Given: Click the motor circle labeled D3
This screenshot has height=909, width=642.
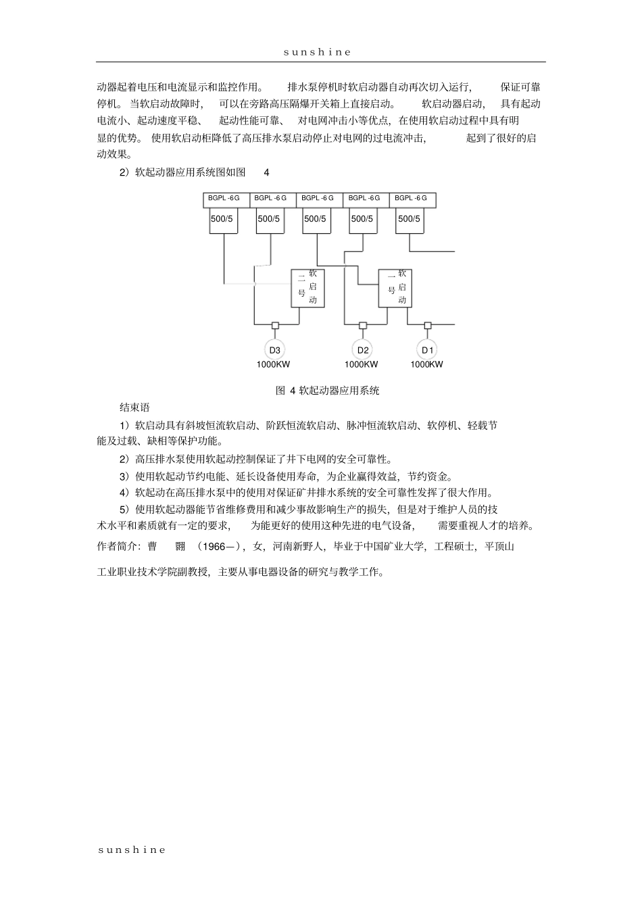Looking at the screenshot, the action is click(x=274, y=349).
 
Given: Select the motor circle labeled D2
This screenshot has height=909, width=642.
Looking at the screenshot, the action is click(x=363, y=349).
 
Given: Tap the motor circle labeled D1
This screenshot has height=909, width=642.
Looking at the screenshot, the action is click(x=427, y=349).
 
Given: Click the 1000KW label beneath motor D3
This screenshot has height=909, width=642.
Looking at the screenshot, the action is click(x=274, y=365).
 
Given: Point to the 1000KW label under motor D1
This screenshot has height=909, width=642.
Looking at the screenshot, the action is click(x=427, y=365).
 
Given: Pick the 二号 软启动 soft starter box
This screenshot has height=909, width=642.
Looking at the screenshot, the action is click(x=307, y=288).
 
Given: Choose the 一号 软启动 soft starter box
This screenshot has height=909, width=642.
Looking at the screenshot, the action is click(x=395, y=288).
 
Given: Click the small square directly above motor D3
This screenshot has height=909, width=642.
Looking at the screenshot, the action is click(x=275, y=325).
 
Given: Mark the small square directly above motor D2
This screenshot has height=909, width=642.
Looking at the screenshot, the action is click(x=363, y=325).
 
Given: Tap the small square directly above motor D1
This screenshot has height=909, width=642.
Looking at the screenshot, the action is click(x=427, y=325).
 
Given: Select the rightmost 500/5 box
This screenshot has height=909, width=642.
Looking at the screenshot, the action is click(x=410, y=219).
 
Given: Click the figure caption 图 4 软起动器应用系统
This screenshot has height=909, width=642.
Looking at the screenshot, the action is click(x=328, y=391).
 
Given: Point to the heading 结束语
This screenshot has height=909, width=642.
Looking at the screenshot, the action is click(x=134, y=408).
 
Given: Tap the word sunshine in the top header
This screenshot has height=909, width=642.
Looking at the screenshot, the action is click(x=318, y=52).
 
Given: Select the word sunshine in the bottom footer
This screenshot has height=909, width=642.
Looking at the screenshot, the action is click(x=132, y=850).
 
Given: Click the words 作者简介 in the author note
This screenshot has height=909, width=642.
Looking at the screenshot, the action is click(x=118, y=547).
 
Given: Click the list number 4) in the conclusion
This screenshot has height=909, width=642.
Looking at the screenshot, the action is click(x=124, y=493).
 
